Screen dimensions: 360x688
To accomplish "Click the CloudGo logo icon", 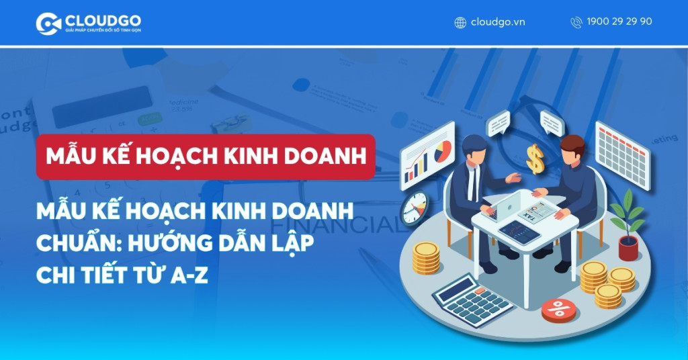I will (48, 24).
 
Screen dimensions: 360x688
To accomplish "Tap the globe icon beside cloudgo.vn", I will (460, 22).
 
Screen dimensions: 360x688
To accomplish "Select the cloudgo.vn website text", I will (498, 21).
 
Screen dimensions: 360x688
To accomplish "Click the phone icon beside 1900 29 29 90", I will (576, 22).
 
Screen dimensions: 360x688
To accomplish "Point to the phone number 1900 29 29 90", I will (619, 21).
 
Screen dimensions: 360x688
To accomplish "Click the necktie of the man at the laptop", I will (475, 182).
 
